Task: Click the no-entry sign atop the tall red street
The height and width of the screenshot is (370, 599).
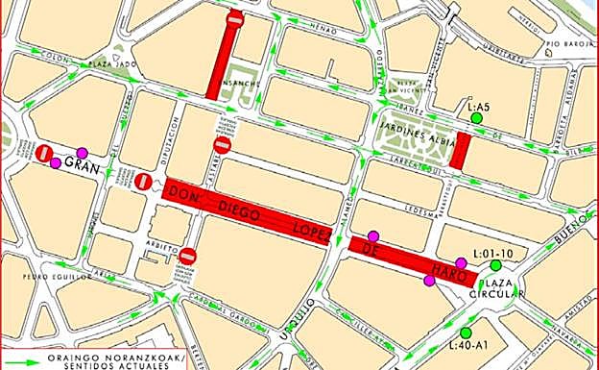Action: click(235, 19)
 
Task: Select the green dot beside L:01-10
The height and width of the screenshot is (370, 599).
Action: click(495, 265)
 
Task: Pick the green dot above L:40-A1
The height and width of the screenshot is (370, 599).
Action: click(466, 333)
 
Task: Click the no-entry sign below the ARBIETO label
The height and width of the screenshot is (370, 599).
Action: click(188, 256)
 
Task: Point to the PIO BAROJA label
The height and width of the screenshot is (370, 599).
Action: click(565, 43)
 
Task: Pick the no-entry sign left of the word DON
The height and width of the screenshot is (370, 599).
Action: click(143, 181)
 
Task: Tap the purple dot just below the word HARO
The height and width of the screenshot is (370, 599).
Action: click(428, 281)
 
